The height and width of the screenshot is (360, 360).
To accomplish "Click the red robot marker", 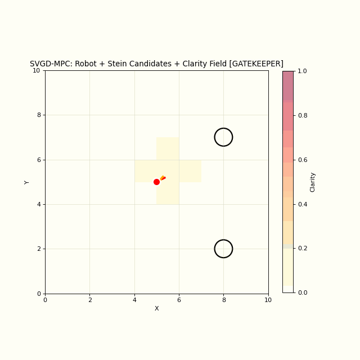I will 156,182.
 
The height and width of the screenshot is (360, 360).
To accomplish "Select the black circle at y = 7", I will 223,137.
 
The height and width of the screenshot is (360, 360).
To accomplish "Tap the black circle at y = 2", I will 223,249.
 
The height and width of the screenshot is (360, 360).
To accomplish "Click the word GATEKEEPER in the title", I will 256,64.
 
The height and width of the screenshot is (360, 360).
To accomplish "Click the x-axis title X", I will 156,308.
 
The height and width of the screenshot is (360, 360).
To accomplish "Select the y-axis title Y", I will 27,182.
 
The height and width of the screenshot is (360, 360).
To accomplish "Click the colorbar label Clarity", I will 313,182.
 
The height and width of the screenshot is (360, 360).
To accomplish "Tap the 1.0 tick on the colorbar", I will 301,71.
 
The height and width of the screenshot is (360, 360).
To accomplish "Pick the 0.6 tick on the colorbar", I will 301,160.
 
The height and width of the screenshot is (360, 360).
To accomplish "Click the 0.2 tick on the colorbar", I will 301,248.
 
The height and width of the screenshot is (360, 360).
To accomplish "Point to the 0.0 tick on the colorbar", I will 301,292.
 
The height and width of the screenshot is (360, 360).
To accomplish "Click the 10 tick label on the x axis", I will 268,300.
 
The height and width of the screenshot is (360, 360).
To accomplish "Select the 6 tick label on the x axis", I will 179,300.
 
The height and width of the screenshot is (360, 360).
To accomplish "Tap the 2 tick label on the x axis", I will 89,300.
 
